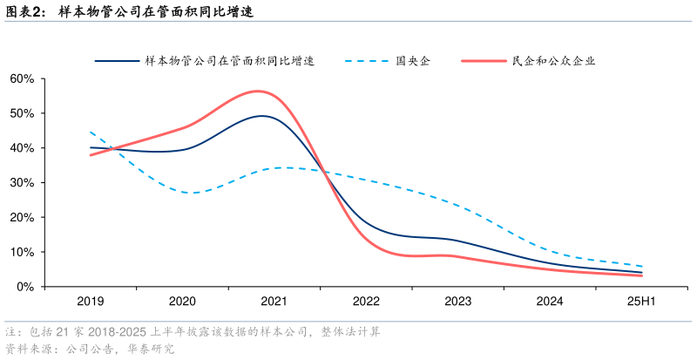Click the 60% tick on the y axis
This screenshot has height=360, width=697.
[x=21, y=78]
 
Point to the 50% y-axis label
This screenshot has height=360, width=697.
[x=21, y=113]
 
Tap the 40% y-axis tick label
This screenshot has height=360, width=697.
[x=21, y=148]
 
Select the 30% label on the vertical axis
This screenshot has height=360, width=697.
[x=21, y=183]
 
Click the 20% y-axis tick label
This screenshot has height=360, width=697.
[x=21, y=217]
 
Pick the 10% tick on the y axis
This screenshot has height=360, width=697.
[x=21, y=252]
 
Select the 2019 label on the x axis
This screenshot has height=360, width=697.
[x=91, y=302]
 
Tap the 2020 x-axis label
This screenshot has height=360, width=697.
[x=182, y=302]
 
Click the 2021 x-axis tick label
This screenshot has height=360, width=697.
[x=274, y=302]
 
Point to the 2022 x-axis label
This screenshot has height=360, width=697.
[x=366, y=302]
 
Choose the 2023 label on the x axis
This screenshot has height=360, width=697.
[x=458, y=302]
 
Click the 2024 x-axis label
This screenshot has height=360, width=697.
[x=550, y=302]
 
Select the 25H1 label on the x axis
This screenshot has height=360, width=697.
[x=642, y=302]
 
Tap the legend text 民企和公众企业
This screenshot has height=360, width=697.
[x=553, y=61]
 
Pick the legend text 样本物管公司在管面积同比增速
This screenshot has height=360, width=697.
[x=229, y=61]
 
